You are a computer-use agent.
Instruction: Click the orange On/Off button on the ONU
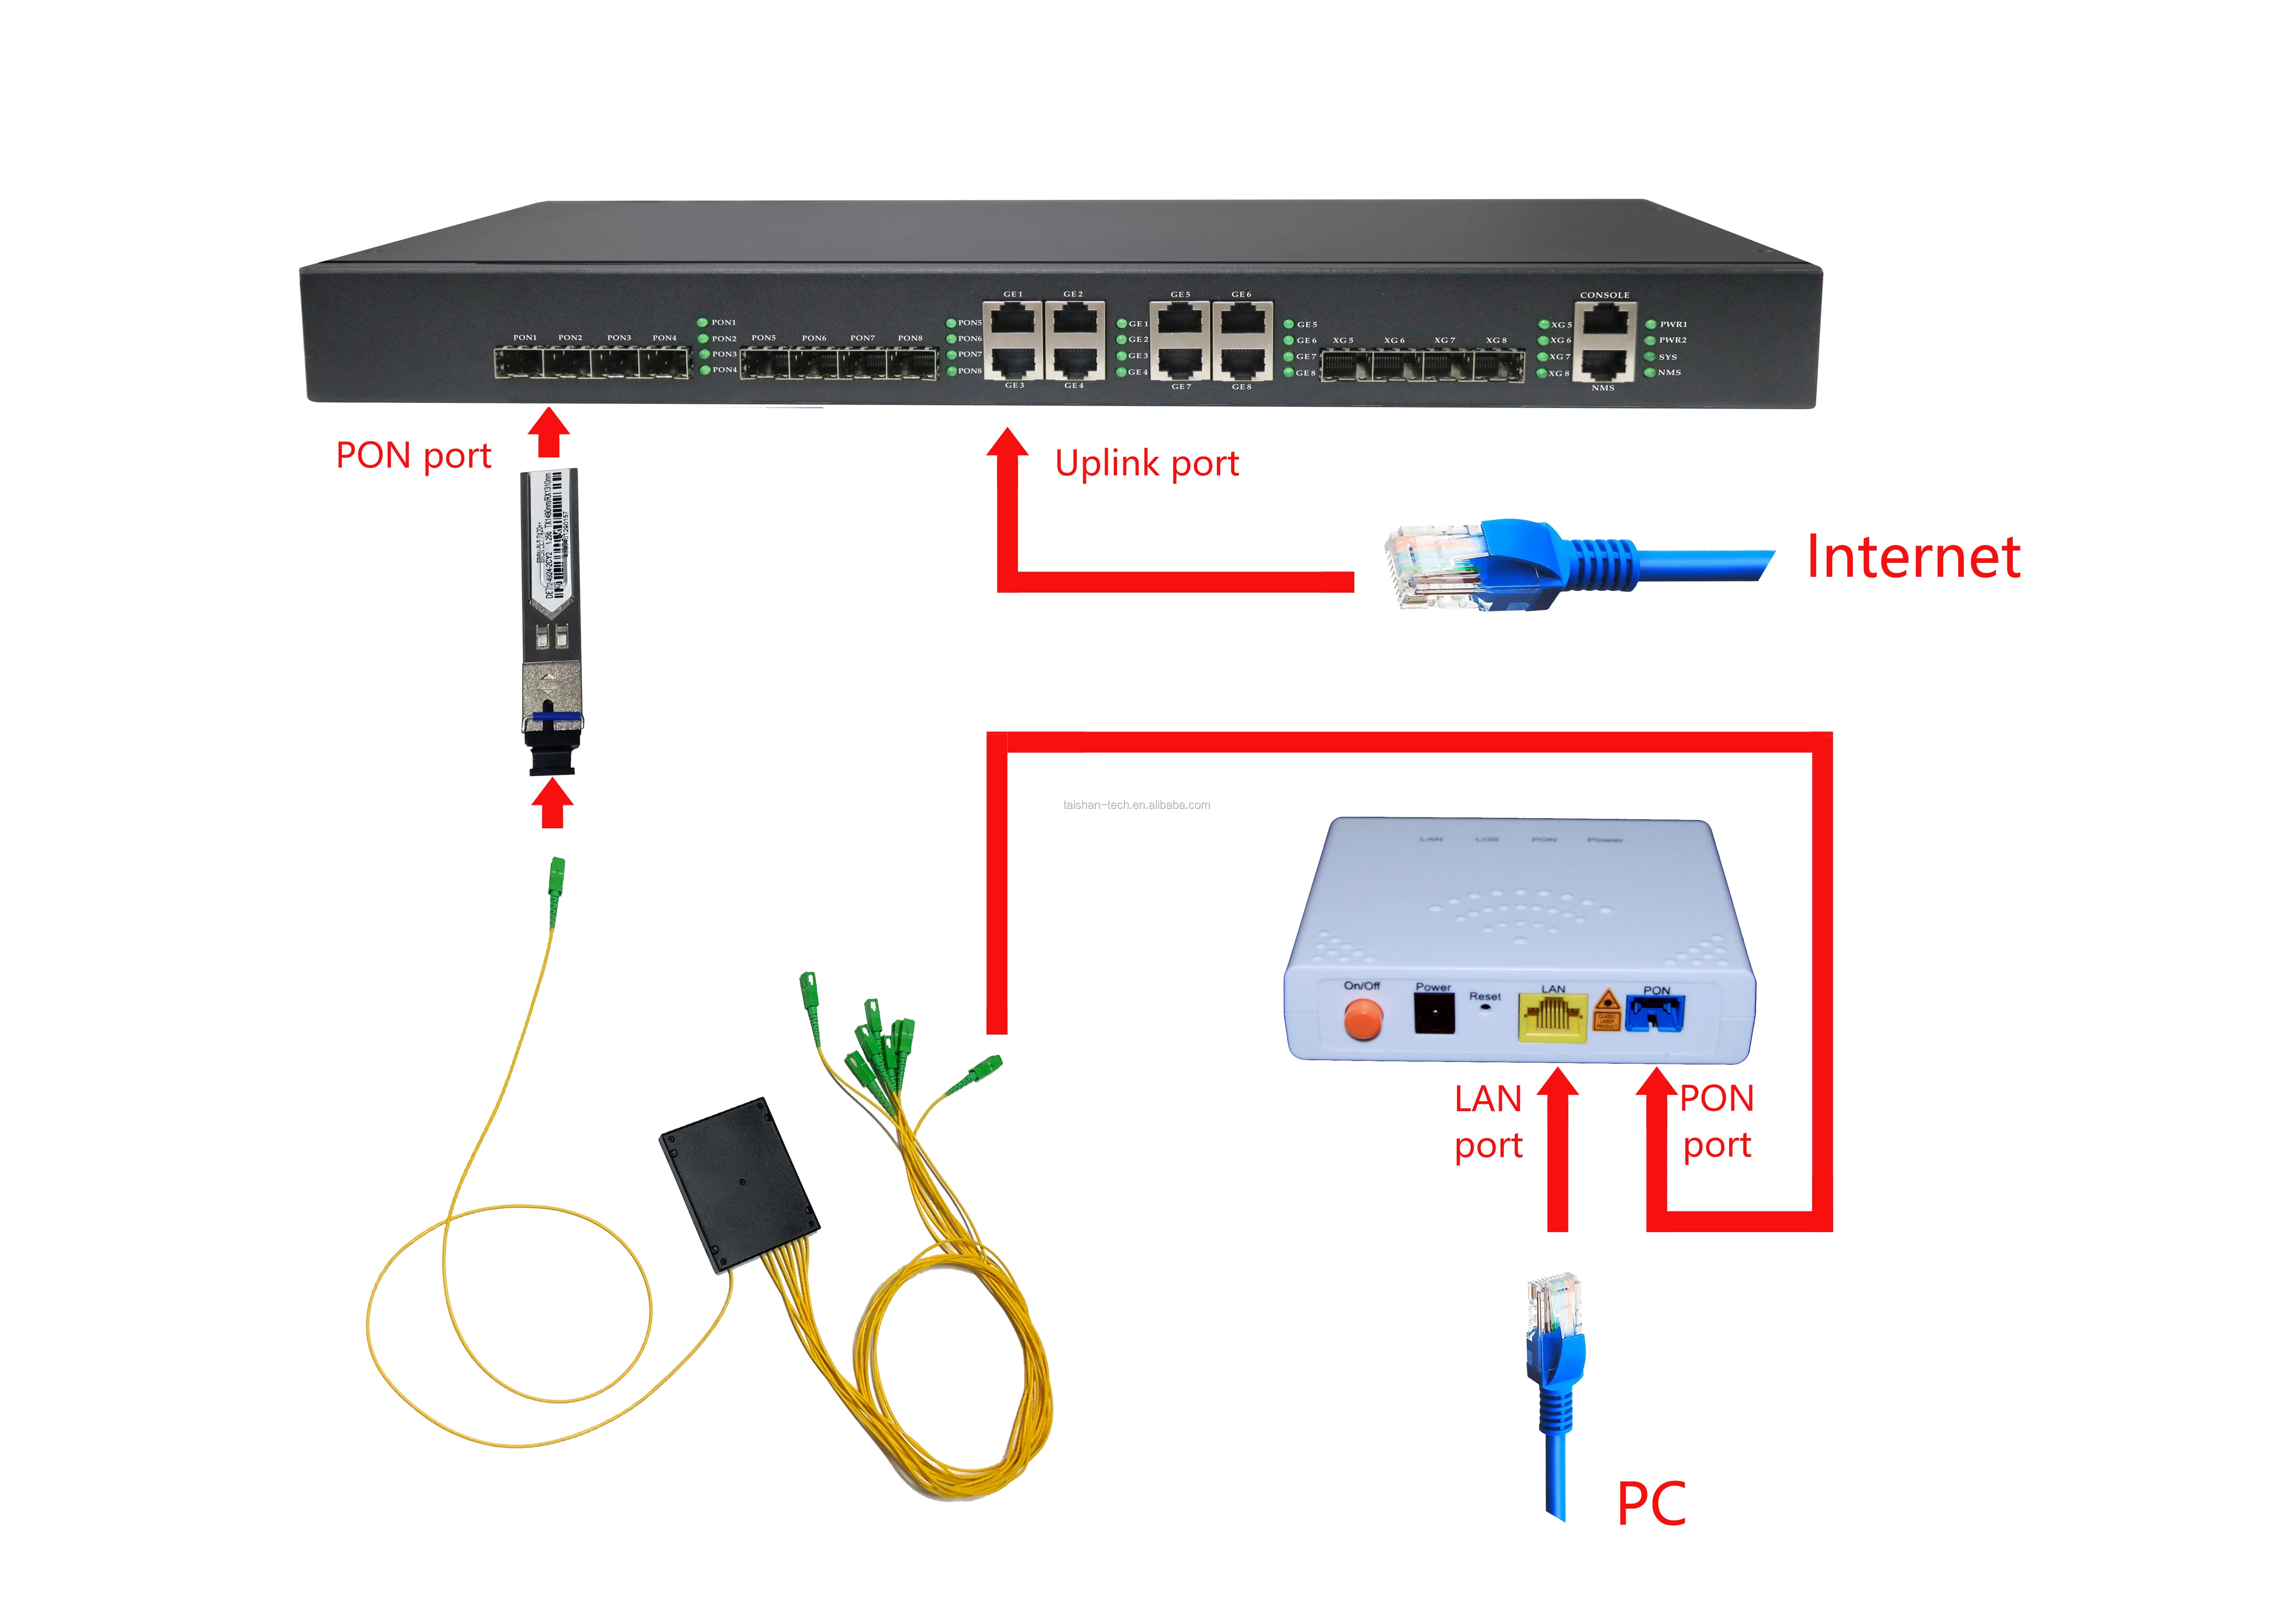tap(1362, 1019)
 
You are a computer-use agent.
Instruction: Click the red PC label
tap(1650, 1504)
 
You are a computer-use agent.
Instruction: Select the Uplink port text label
tap(1146, 463)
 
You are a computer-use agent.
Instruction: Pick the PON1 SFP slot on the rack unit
tap(519, 363)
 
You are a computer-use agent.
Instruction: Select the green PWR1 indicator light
tap(1650, 324)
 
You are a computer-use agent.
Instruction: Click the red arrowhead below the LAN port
tap(1557, 1084)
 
